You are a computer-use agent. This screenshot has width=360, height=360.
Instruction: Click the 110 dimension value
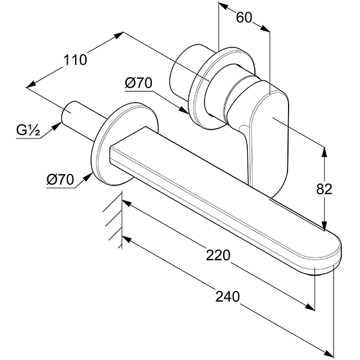pos(75,59)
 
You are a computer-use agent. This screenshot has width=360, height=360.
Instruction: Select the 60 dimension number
pos(244,17)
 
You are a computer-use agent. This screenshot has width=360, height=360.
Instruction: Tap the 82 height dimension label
pos(324,189)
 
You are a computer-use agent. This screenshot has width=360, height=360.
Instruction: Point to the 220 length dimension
pos(218,255)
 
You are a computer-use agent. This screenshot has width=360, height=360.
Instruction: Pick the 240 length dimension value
pos(227,296)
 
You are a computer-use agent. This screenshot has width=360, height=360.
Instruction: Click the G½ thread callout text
pos(28,130)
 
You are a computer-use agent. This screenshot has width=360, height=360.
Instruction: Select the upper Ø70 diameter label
pos(139,83)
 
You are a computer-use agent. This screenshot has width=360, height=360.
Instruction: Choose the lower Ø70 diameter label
pos(60,179)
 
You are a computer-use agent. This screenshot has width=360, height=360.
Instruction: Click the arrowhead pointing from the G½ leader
pos(57,126)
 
